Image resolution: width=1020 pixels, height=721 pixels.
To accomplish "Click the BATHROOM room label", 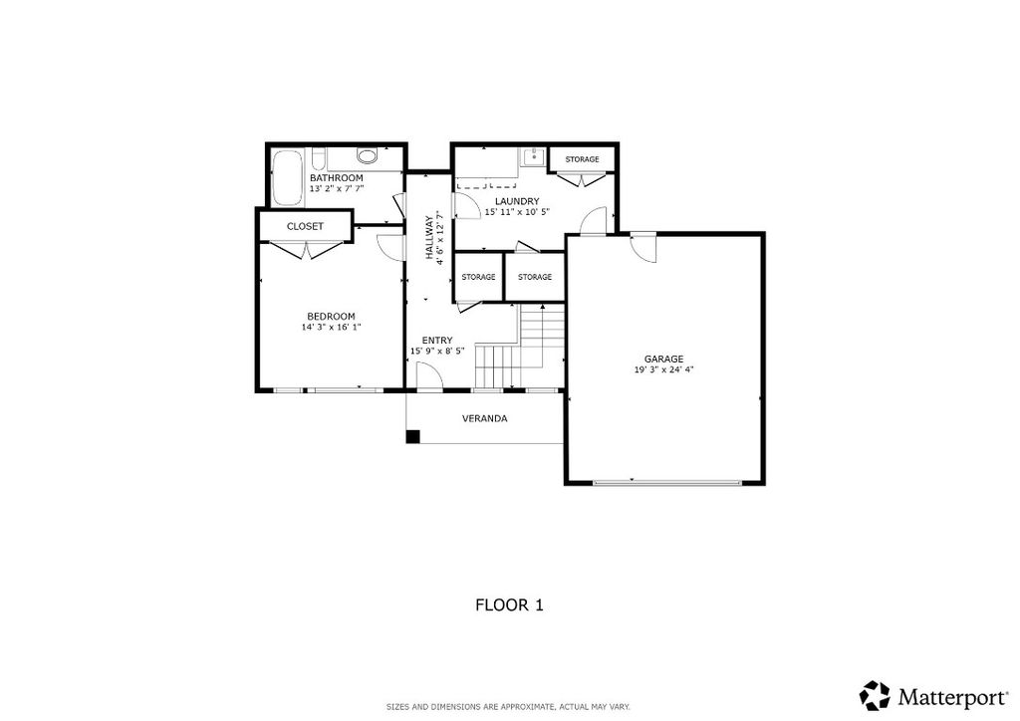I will (x=336, y=177).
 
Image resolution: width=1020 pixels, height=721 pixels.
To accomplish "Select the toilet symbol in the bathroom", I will (x=367, y=156).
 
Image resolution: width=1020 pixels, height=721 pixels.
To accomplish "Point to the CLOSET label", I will (x=305, y=226).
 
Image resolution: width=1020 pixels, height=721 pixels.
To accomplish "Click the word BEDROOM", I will (x=331, y=316).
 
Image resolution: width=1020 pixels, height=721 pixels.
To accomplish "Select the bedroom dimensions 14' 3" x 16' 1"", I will (x=331, y=327).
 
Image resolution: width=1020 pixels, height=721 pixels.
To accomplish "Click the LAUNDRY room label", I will (x=517, y=201).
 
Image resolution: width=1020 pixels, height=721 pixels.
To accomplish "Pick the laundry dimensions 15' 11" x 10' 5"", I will (x=517, y=212).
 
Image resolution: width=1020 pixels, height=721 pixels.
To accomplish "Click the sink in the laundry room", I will (x=533, y=156).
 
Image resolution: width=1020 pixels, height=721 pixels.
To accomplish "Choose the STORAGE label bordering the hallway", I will (x=478, y=277).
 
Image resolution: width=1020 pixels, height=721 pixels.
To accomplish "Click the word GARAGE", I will (x=663, y=359).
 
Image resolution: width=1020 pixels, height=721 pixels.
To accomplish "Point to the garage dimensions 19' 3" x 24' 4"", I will (x=663, y=369).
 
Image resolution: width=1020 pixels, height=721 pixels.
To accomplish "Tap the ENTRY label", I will (x=437, y=340).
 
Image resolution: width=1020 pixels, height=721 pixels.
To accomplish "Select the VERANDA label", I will (x=484, y=418).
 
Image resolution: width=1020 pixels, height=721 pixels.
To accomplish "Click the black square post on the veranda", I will (x=413, y=436).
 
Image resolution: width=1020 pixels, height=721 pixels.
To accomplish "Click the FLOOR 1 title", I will (x=509, y=604).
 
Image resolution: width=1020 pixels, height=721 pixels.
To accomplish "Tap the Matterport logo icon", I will (x=875, y=695).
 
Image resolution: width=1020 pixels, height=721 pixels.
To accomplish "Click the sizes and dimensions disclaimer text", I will (x=508, y=707).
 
